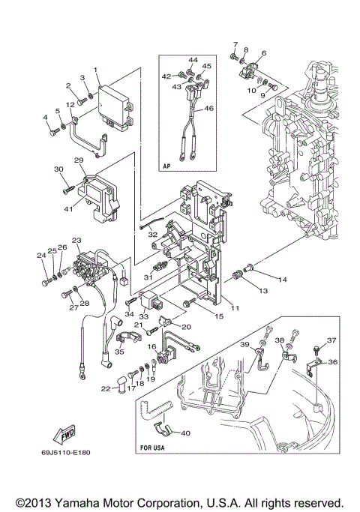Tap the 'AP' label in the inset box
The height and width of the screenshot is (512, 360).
169,166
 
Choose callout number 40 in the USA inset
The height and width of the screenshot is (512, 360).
186,433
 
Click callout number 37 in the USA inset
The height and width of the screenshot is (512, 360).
331,340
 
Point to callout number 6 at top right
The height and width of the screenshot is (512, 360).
263,54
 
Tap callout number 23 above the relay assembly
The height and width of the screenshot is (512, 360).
76,240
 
